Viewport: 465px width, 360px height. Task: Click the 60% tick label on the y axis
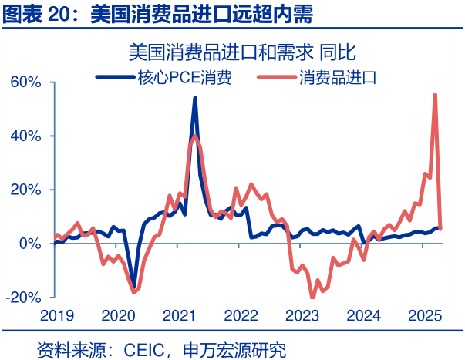click(26, 82)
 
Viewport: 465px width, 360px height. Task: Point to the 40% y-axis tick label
click(26, 136)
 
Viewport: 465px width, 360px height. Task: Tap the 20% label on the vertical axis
click(26, 190)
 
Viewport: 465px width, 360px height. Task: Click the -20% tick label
click(24, 298)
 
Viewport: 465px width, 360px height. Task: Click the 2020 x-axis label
click(116, 315)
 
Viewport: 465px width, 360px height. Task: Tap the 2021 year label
click(178, 315)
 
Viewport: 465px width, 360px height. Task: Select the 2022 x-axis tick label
click(240, 315)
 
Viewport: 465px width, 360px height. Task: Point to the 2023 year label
click(302, 315)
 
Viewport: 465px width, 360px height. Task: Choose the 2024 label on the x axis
click(363, 315)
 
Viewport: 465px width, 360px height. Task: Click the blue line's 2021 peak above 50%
click(194, 98)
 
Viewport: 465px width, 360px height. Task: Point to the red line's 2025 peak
click(436, 94)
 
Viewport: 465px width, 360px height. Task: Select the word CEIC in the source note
click(147, 350)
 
